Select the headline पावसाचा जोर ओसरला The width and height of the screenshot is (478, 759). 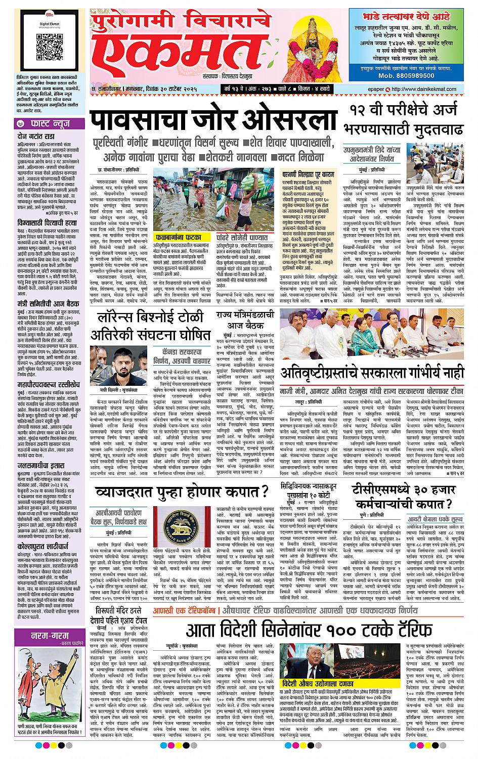click(x=213, y=121)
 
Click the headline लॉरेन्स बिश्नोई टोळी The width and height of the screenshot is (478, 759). click(x=150, y=327)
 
